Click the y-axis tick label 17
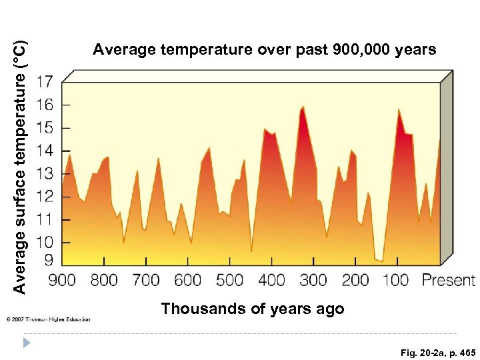[x=44, y=83]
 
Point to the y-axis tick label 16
[x=44, y=105]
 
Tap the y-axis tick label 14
[x=44, y=151]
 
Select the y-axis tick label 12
[x=44, y=197]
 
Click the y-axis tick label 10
[x=44, y=242]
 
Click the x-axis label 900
[x=62, y=280]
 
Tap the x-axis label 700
[x=146, y=280]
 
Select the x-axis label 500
[x=230, y=280]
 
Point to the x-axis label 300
[x=313, y=280]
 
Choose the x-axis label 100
[x=396, y=280]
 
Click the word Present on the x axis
[x=448, y=280]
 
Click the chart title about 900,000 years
[x=265, y=50]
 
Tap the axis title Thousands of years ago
[x=253, y=309]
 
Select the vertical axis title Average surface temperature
[x=20, y=167]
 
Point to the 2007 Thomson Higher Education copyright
[x=48, y=319]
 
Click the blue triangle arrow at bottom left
[x=27, y=343]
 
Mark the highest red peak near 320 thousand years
[x=303, y=107]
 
